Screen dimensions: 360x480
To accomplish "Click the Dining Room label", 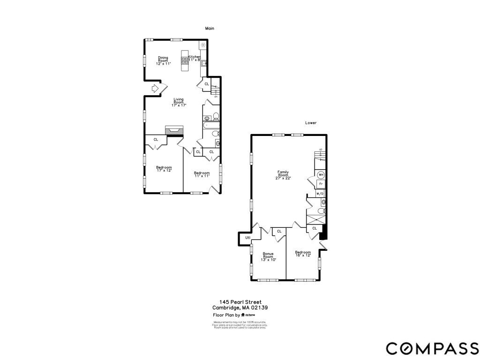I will (x=163, y=60).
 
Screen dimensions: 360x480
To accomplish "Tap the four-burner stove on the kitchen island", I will (x=185, y=60).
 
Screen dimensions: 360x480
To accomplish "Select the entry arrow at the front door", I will (x=156, y=88).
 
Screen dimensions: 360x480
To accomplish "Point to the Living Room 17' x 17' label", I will (x=179, y=102).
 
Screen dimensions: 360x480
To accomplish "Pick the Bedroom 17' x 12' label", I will (x=164, y=169).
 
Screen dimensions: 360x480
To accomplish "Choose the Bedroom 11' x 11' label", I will (x=202, y=174).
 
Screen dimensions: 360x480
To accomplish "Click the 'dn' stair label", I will (x=216, y=97).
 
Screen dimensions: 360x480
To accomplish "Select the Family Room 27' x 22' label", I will (x=283, y=175).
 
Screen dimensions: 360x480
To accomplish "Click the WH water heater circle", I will (x=321, y=175).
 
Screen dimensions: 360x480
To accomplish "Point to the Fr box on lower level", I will (x=321, y=184).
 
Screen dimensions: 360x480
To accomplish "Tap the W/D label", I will (x=320, y=194).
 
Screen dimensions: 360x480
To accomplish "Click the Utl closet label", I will (x=248, y=239).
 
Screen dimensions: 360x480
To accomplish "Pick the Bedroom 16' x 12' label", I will (x=303, y=254).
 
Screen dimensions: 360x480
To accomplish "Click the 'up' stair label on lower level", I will (x=321, y=150).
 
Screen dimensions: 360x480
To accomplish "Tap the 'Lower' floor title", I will (x=311, y=123).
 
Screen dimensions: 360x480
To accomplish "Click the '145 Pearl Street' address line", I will (x=240, y=302).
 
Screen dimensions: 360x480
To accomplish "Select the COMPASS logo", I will (x=432, y=348).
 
